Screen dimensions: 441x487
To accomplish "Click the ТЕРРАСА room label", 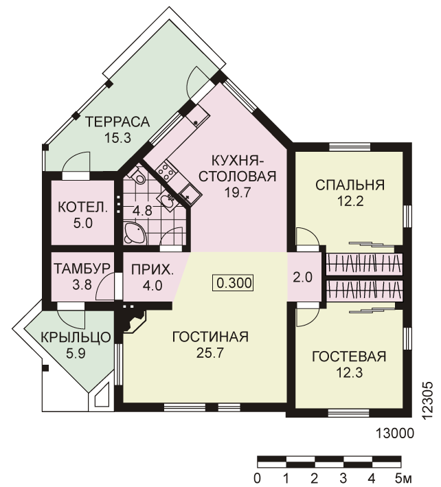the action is point(117,122).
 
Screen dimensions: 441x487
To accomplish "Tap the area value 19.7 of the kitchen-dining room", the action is point(238,193).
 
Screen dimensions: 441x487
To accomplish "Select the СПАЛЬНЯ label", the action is point(350,185).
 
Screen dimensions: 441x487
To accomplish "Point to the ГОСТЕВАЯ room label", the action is point(349,356).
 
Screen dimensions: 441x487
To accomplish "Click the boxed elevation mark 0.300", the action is point(233,283).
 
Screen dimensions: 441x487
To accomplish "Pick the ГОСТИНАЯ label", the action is point(210,337).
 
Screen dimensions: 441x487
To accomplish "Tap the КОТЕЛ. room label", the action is point(83,207).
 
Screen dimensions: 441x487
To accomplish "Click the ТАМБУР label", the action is point(82,269).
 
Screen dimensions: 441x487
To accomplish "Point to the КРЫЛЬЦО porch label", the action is point(76,337).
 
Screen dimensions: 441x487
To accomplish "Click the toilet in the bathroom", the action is point(137,176).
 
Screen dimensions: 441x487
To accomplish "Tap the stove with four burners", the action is point(166,170).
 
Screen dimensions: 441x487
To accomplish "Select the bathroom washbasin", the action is point(168,201).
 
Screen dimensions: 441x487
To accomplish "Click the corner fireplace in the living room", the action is point(133,322).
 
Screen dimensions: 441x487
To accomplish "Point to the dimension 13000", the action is point(395,433).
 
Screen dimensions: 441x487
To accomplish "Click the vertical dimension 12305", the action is point(428,401).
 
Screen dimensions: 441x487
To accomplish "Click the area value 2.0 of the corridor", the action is point(302,277).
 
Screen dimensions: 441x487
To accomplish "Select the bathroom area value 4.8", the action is point(142,211).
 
